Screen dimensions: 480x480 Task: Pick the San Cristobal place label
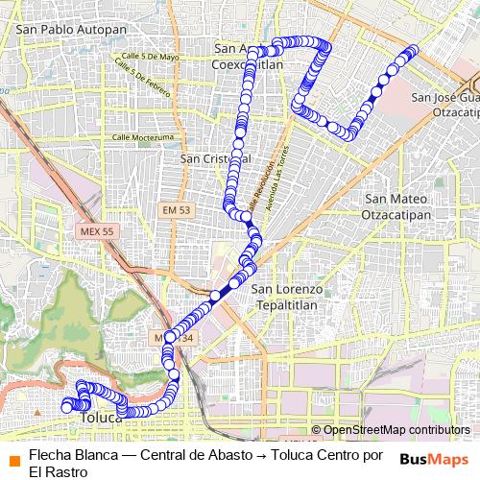(x=215, y=157)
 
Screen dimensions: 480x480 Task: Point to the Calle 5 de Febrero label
(x=133, y=79)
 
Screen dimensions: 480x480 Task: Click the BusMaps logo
(x=435, y=459)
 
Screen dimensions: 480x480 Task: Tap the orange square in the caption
(x=13, y=457)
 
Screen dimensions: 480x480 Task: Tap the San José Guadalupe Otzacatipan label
(x=444, y=104)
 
